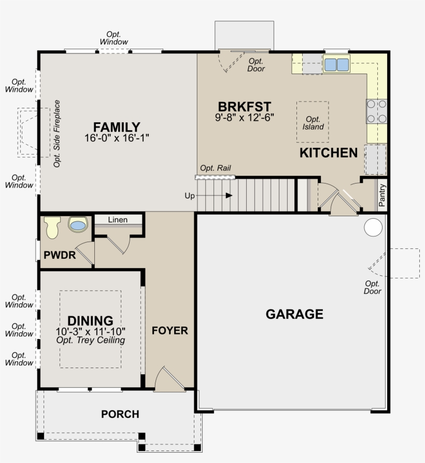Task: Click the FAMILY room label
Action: pyautogui.click(x=117, y=127)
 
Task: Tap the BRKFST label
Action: pyautogui.click(x=245, y=107)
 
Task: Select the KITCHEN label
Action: pyautogui.click(x=329, y=153)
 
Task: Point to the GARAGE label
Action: pyautogui.click(x=294, y=314)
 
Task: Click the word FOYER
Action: pyautogui.click(x=169, y=331)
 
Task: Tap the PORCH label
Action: pyautogui.click(x=120, y=414)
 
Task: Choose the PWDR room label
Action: pyautogui.click(x=60, y=255)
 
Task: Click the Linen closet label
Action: pyautogui.click(x=118, y=220)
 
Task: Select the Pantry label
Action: pyautogui.click(x=382, y=195)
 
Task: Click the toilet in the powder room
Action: pyautogui.click(x=52, y=227)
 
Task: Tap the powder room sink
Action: pyautogui.click(x=78, y=225)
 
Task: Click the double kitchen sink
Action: pyautogui.click(x=336, y=64)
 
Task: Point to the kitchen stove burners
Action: pyautogui.click(x=377, y=111)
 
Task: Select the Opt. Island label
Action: pyautogui.click(x=313, y=123)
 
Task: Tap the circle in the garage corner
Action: pyautogui.click(x=373, y=228)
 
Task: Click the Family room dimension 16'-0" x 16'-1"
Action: pyautogui.click(x=117, y=138)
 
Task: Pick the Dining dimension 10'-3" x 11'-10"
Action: pyautogui.click(x=91, y=332)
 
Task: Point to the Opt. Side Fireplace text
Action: pyautogui.click(x=56, y=134)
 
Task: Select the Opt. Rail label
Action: pyautogui.click(x=216, y=168)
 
